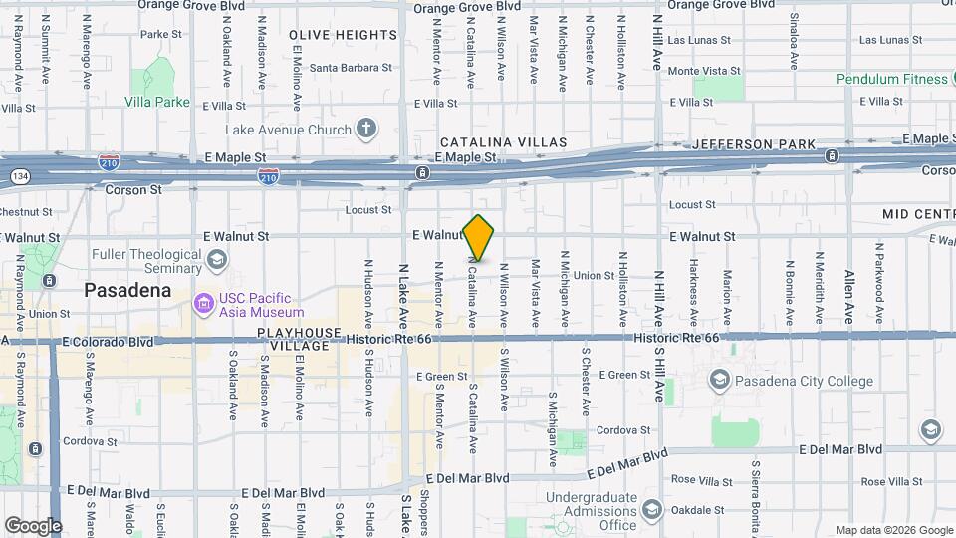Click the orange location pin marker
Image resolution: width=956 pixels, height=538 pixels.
coord(479,238)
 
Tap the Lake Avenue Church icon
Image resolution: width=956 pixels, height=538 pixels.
coord(366,129)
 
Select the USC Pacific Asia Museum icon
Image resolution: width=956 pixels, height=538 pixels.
coord(204,301)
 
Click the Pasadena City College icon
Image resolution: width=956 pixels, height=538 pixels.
coord(719,380)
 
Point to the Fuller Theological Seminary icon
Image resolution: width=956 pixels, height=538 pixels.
coord(216,260)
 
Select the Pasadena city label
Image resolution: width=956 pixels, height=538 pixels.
coord(127,290)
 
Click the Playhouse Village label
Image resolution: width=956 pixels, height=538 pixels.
coord(293,339)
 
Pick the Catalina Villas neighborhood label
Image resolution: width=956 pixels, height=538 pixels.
coord(503,143)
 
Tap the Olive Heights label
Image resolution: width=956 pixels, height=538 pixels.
coord(343,35)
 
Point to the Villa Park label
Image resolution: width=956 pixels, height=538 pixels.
coord(157,102)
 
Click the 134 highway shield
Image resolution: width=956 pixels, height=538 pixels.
coord(18,175)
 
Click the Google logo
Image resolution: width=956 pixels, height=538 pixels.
coord(33,525)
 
